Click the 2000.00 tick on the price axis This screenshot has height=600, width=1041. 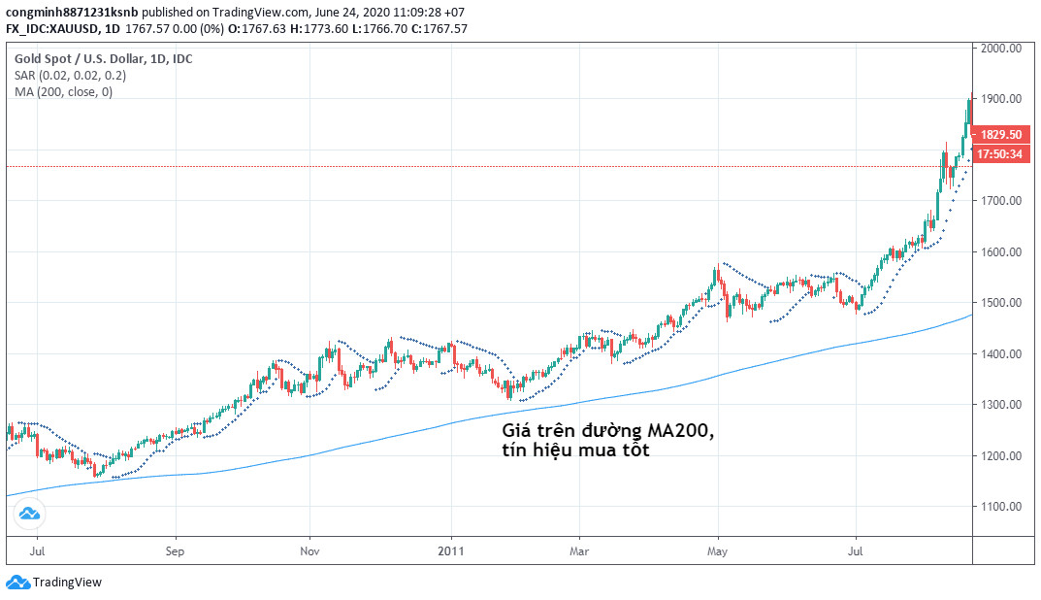[1000, 48]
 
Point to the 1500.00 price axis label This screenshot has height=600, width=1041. [1000, 303]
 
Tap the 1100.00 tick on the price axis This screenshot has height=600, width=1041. [1000, 507]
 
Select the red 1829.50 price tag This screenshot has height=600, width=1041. [999, 135]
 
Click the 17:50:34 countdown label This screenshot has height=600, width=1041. [999, 154]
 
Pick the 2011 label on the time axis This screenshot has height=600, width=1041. [451, 550]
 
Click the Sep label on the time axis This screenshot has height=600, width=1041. [175, 550]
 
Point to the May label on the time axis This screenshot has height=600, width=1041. [718, 550]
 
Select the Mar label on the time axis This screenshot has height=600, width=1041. [578, 550]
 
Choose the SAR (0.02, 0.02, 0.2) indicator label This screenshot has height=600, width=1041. [70, 75]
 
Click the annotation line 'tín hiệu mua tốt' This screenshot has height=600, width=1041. [575, 450]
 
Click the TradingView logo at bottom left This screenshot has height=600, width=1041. [54, 583]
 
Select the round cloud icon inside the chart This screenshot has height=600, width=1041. [30, 514]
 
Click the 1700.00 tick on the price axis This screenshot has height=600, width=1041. [1000, 201]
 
